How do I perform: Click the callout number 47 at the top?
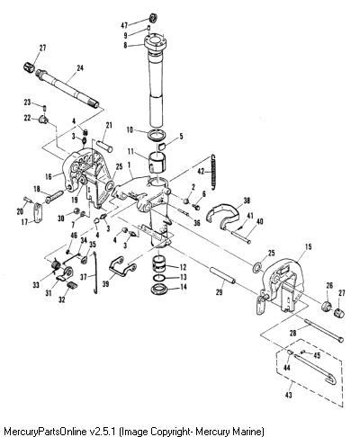click(x=124, y=25)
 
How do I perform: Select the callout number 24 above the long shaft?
click(x=80, y=68)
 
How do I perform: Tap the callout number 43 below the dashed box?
click(x=288, y=395)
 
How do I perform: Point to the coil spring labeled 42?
click(x=213, y=173)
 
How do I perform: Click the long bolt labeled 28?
click(x=325, y=331)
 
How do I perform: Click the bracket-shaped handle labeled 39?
click(x=121, y=268)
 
